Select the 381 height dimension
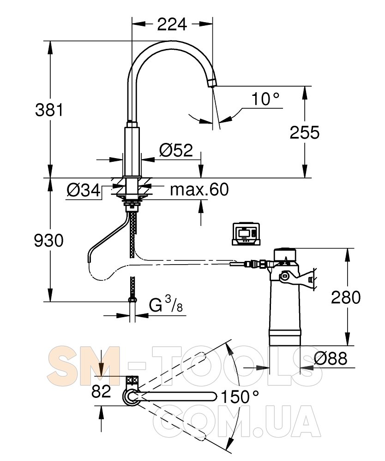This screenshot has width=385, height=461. tap(49, 110)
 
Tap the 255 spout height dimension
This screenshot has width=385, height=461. tap(304, 132)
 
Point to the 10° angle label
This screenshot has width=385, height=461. tap(265, 99)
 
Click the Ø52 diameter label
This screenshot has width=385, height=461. tap(176, 150)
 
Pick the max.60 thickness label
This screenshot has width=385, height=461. tap(199, 189)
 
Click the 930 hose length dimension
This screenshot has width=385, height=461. tap(49, 241)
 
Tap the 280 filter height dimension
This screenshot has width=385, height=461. tap(346, 297)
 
